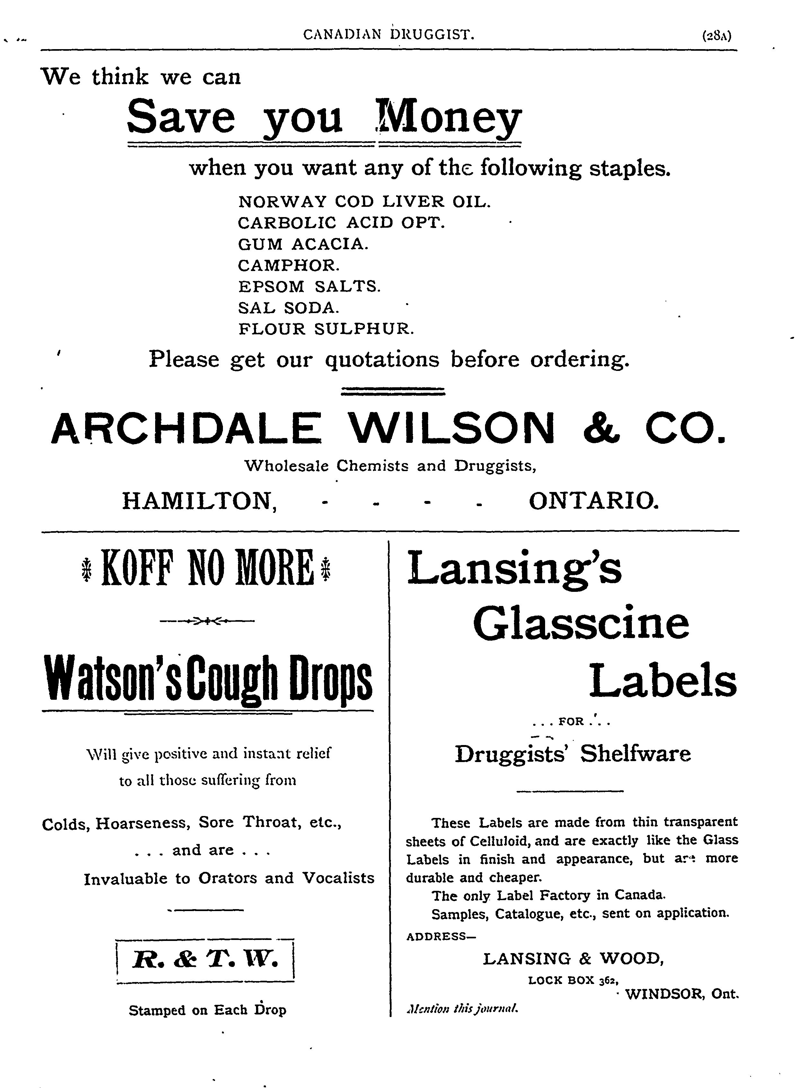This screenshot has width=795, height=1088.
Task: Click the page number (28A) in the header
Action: tap(717, 36)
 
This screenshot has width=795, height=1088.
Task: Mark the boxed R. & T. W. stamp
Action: tap(206, 961)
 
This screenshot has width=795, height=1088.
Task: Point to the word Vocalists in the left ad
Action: tap(338, 878)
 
